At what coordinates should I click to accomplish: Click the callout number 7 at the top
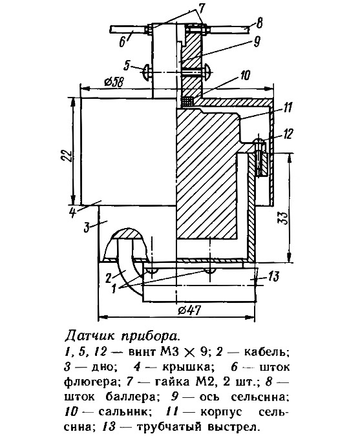(x=200, y=9)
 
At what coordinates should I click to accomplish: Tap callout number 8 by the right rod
(x=260, y=23)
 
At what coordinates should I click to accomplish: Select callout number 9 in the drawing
(x=256, y=42)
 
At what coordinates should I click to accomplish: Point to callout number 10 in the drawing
(x=245, y=75)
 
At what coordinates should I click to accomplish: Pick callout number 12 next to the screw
(x=288, y=134)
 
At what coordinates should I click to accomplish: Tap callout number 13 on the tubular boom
(x=273, y=276)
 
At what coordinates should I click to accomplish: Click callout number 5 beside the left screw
(x=127, y=66)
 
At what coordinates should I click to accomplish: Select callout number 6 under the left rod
(x=123, y=42)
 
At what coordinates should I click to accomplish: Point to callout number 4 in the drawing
(x=72, y=213)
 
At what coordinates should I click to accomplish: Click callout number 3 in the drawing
(x=87, y=227)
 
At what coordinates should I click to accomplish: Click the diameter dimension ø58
(x=114, y=82)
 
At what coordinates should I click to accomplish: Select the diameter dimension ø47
(x=189, y=310)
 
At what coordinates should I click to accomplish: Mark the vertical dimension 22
(x=67, y=156)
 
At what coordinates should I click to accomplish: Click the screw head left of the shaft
(x=147, y=73)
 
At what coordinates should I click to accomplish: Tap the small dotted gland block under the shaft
(x=187, y=101)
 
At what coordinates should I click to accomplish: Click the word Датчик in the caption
(x=90, y=336)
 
